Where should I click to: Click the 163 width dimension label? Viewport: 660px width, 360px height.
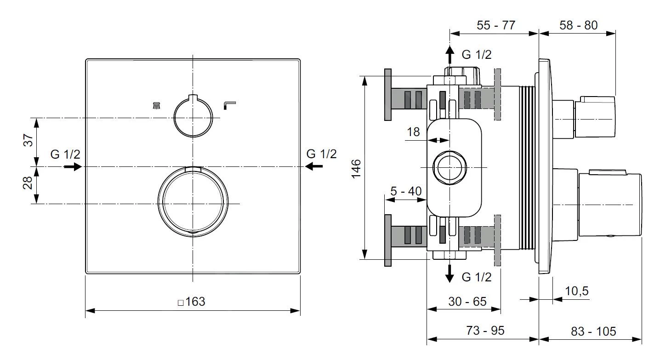coord(192,302)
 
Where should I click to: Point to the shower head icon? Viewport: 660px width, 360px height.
coord(157,106)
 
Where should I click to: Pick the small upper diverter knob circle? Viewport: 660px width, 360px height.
coord(193,117)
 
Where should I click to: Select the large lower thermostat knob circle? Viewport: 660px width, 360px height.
coord(193,202)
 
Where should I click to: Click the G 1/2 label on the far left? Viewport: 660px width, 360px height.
coord(65,154)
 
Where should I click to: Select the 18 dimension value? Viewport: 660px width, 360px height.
coord(413,132)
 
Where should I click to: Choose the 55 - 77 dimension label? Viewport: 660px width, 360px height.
coord(495,25)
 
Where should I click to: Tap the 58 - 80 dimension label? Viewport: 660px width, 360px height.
coord(578,25)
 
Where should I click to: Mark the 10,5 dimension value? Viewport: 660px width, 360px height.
coord(576,291)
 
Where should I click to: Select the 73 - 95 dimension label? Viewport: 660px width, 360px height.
coord(484,331)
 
